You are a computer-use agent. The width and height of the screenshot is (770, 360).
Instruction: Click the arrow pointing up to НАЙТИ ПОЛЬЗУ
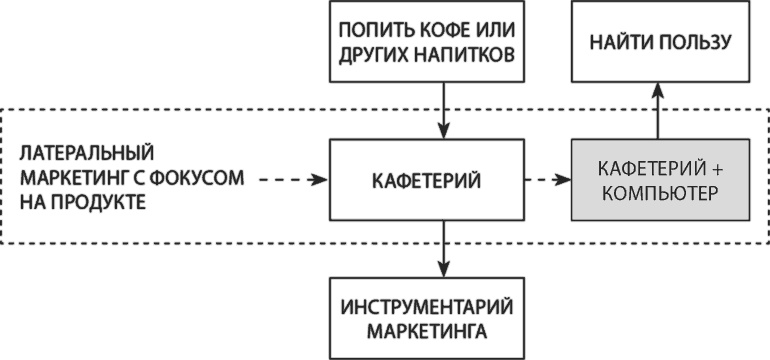[x=657, y=110]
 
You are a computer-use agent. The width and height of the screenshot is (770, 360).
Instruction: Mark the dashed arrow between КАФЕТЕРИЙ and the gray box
[x=547, y=181]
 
